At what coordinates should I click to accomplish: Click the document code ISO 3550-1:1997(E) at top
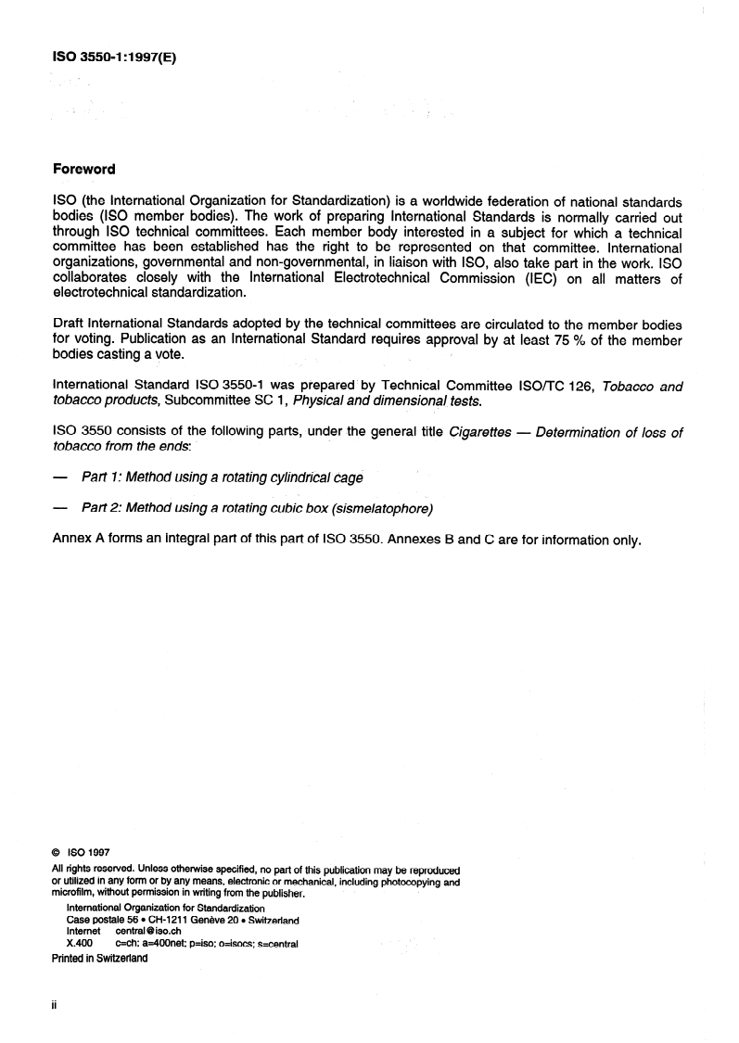tap(113, 56)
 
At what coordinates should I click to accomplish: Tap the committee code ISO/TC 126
tap(532, 386)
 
